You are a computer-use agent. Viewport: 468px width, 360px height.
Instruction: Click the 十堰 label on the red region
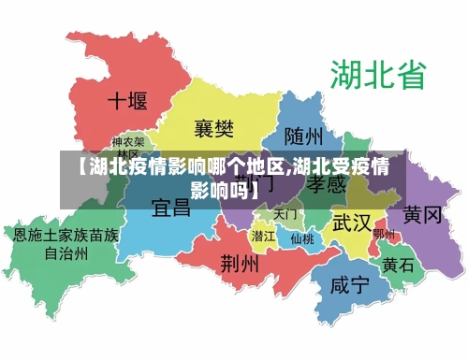coord(127,100)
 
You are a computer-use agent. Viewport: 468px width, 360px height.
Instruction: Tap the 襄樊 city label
coord(213,128)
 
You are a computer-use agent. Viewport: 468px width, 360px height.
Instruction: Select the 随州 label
coord(305,137)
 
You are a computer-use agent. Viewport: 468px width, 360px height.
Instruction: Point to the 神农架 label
coord(127,147)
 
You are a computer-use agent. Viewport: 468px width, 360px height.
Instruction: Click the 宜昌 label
coord(171,207)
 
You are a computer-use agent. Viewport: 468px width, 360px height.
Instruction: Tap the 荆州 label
coord(239,263)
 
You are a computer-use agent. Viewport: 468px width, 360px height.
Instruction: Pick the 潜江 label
coord(263,236)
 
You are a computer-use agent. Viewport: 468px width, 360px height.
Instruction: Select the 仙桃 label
coord(301,238)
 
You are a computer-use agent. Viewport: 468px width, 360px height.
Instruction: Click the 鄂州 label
coord(384,234)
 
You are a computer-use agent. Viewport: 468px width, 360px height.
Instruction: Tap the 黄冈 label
coord(422,215)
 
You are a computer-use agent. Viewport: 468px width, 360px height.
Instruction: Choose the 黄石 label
coord(398,265)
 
